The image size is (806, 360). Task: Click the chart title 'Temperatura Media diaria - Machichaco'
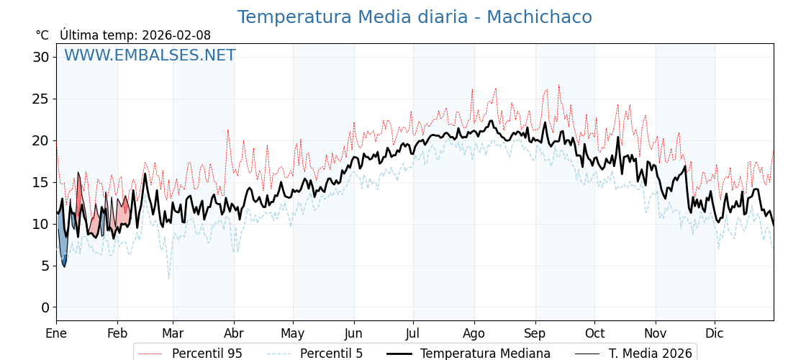click(x=415, y=17)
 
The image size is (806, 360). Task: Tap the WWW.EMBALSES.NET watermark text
click(x=150, y=55)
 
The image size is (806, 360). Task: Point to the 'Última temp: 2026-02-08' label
click(x=135, y=35)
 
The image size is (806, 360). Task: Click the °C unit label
click(x=42, y=35)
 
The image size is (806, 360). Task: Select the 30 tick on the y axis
click(x=41, y=57)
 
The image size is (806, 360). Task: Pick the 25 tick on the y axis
click(x=41, y=99)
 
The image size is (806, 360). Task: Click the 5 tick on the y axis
click(x=45, y=266)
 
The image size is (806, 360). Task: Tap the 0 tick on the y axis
click(x=45, y=307)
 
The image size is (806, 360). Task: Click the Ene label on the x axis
click(x=56, y=333)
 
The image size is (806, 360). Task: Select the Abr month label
click(x=234, y=333)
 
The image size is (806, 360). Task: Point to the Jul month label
click(x=413, y=333)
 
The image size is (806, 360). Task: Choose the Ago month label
click(x=474, y=333)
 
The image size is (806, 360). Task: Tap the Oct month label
click(x=594, y=333)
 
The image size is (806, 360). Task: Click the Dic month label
click(x=715, y=333)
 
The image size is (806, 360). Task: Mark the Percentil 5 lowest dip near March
click(x=169, y=278)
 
